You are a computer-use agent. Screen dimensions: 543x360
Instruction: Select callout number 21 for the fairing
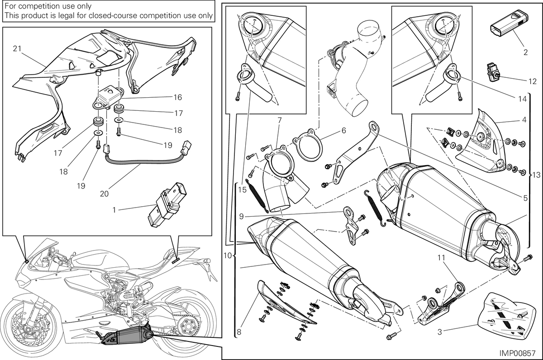point(17,49)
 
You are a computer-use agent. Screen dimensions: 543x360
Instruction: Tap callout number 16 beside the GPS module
point(178,97)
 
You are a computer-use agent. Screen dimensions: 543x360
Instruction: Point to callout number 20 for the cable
point(104,194)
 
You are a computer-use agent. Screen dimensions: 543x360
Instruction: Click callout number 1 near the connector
point(114,210)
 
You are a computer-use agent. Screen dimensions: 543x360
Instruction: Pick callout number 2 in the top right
point(525,52)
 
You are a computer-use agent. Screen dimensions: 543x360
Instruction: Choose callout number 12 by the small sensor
point(532,81)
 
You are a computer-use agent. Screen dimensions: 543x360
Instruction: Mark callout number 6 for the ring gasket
point(344,131)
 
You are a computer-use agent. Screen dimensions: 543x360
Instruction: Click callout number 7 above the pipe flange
point(280,120)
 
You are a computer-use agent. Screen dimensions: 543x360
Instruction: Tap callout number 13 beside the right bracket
point(537,175)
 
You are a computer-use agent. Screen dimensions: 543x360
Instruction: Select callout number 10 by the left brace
point(228,256)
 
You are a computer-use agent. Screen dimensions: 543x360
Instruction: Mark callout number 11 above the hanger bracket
point(441,258)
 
